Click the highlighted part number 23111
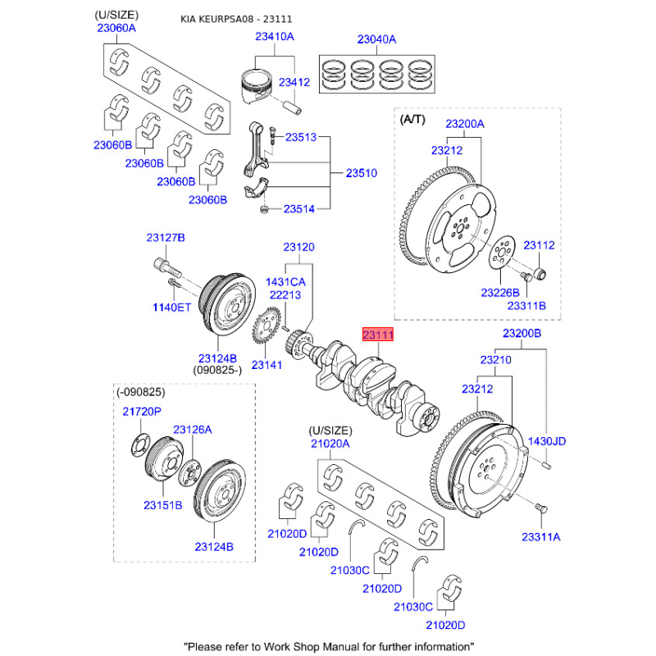tap(379, 335)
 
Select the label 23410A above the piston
tap(274, 37)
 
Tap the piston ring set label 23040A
tap(376, 39)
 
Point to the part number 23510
tap(361, 174)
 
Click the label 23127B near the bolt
tap(166, 238)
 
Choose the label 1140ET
tap(170, 307)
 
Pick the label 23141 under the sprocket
tap(267, 364)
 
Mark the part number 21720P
tap(142, 411)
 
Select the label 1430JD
tap(547, 441)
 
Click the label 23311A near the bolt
tap(540, 537)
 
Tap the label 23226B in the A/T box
tap(500, 292)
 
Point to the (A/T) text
tap(412, 119)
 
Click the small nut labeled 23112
tap(542, 271)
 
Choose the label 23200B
tap(522, 334)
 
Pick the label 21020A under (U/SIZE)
tap(330, 444)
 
